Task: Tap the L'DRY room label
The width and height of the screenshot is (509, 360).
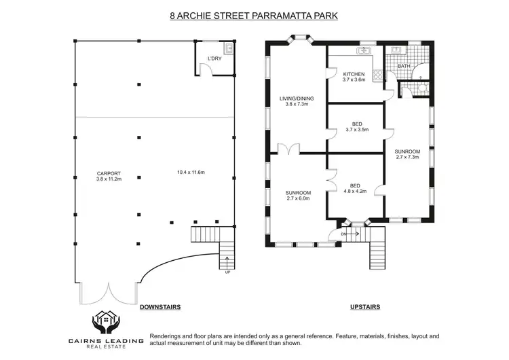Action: tap(214, 58)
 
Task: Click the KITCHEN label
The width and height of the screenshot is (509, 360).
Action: tap(354, 74)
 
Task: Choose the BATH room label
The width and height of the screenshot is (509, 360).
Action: tap(404, 66)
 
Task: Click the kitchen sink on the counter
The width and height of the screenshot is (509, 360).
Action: tap(364, 50)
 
